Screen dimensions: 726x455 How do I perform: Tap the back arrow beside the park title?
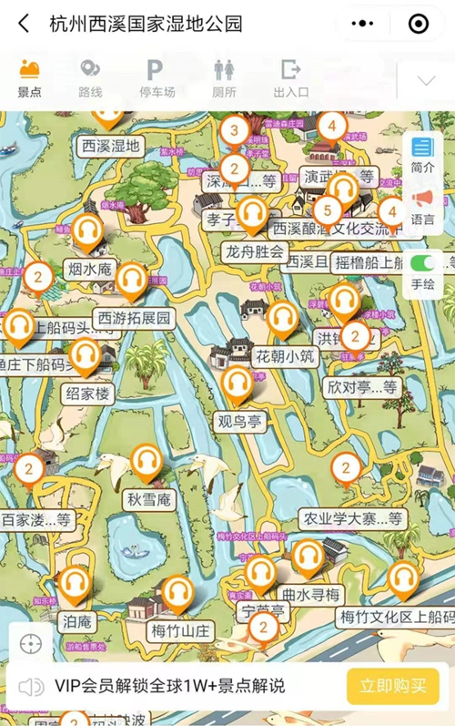click(25, 24)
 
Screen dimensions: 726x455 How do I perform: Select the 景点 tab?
click(29, 78)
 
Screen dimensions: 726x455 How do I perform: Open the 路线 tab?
click(90, 78)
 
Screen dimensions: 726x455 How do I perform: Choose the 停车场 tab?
click(156, 78)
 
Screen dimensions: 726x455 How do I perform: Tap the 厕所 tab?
click(224, 78)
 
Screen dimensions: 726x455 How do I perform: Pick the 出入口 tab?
click(291, 78)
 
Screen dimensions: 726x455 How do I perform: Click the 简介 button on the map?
click(422, 155)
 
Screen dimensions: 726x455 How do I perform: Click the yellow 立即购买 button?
click(393, 686)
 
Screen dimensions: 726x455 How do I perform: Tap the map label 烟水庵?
click(88, 269)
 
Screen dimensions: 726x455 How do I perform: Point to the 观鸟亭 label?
click(238, 422)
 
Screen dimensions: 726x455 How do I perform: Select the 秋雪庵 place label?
click(149, 499)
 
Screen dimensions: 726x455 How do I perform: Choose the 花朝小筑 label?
click(285, 356)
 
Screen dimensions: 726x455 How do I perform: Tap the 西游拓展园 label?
click(135, 319)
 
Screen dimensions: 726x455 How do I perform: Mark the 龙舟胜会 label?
click(256, 251)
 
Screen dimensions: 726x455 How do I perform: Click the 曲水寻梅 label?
click(311, 595)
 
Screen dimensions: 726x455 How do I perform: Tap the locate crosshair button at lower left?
click(30, 644)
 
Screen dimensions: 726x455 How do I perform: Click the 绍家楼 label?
click(87, 394)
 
